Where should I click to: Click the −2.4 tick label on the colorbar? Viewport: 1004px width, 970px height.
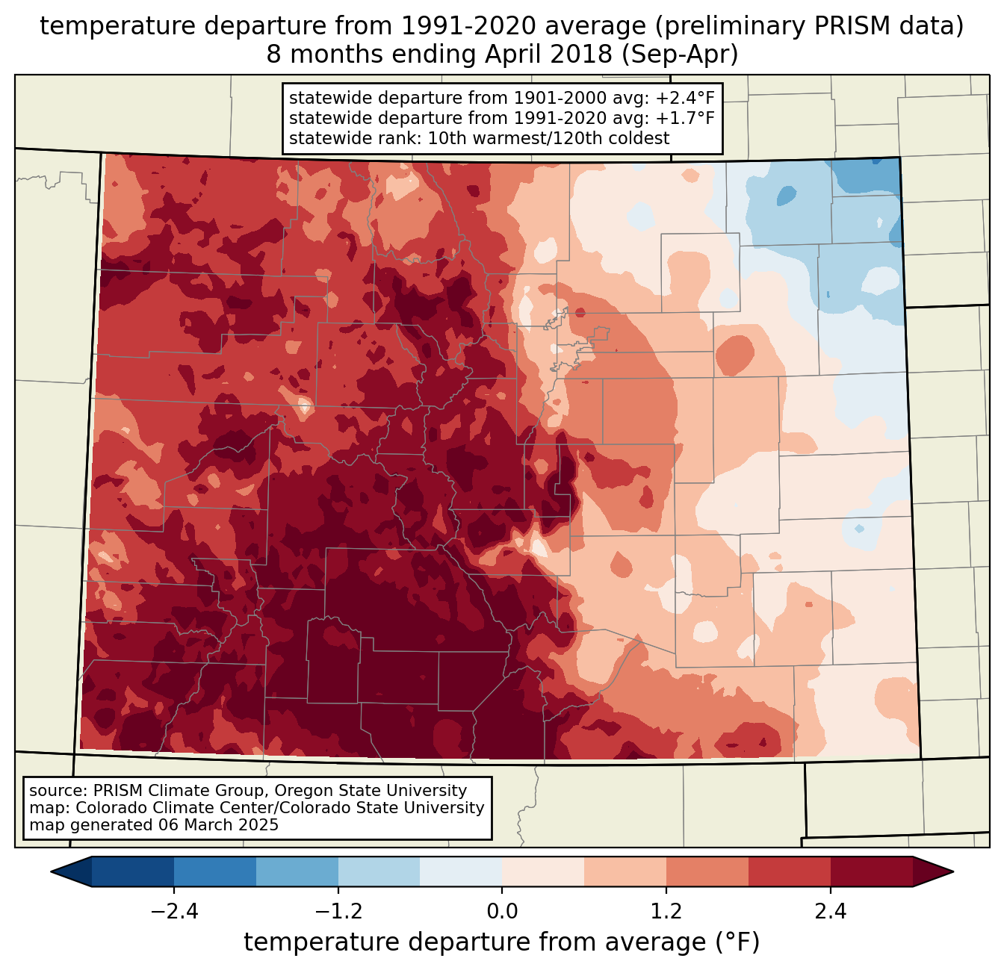(174, 912)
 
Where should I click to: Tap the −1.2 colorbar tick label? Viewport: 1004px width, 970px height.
(338, 912)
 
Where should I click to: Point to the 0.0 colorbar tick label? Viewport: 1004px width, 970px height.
(502, 912)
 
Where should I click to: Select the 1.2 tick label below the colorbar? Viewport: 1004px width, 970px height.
(666, 912)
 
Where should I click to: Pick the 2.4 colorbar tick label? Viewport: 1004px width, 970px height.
(830, 912)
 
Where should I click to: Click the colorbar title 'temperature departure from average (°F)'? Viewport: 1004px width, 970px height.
(502, 942)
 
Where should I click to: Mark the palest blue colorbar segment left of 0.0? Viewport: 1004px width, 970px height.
(461, 871)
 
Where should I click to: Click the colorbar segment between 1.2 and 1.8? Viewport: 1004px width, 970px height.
(707, 871)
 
